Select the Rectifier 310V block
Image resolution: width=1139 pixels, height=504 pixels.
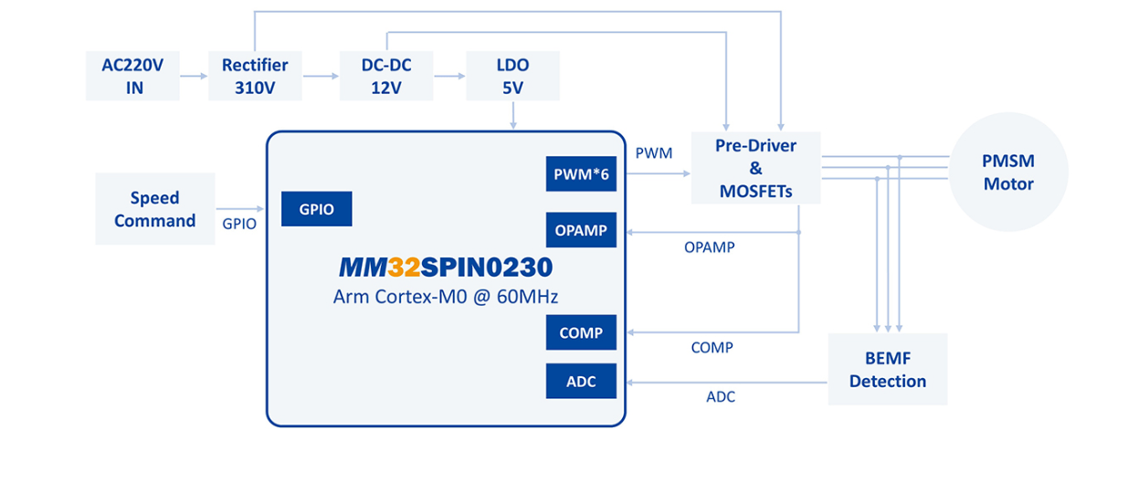pos(255,76)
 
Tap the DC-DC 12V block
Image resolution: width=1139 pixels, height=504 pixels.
pos(385,76)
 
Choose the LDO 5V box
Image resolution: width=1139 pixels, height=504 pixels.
pos(512,76)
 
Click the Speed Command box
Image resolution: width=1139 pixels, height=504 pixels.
pos(154,209)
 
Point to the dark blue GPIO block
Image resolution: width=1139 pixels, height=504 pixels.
pos(316,209)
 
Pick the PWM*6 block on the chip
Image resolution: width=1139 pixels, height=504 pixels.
pos(581,173)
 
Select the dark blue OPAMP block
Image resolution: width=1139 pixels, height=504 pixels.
pos(581,230)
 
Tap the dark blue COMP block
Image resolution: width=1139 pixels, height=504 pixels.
pos(581,332)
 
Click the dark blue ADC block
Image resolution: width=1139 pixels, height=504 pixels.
pos(581,381)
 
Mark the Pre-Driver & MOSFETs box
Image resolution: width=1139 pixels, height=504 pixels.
pos(756,169)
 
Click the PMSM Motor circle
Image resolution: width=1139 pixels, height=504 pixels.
pos(1008,173)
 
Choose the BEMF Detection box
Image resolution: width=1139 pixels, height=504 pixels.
pos(887,369)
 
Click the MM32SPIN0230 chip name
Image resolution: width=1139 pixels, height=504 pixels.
pos(446,268)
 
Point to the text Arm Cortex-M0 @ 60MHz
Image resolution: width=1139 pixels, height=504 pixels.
pos(446,297)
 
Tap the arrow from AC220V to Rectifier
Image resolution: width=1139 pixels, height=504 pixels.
pos(193,77)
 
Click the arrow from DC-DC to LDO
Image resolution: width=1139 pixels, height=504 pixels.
pos(449,77)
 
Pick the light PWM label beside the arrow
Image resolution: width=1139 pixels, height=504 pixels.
pos(653,152)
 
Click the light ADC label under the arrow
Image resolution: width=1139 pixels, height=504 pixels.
pos(721,396)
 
